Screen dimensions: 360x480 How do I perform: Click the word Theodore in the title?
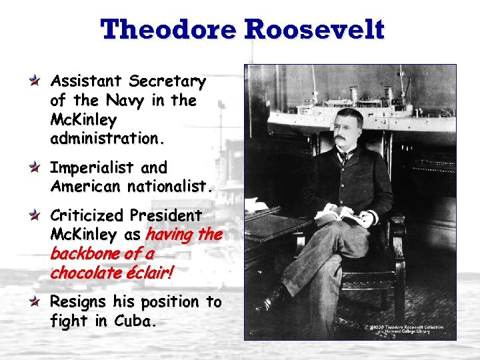point(168,30)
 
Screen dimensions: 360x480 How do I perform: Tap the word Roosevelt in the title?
point(315,30)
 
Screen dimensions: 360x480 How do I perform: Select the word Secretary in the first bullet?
point(167,81)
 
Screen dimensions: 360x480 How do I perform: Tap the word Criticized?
point(87,216)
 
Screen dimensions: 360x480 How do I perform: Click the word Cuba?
point(136,321)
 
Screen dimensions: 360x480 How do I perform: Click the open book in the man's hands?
point(342,215)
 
